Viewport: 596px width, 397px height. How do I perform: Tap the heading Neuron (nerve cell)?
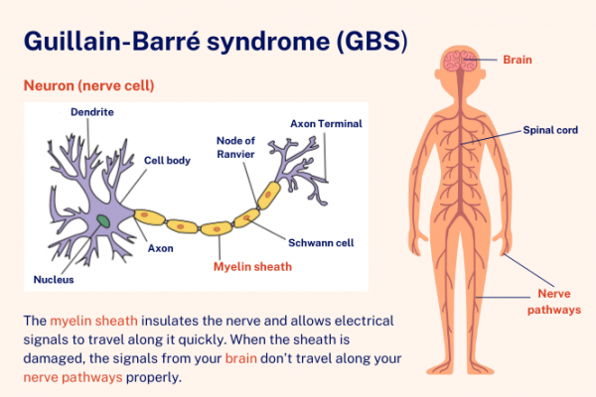[88, 86]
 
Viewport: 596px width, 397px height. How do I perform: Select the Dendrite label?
[91, 112]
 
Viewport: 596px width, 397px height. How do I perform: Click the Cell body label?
[167, 159]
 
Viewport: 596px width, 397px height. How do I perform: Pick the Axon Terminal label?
[326, 124]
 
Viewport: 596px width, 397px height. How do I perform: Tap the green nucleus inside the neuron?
[102, 220]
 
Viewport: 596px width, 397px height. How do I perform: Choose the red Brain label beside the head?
[517, 60]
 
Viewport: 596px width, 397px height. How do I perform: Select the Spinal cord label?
[550, 130]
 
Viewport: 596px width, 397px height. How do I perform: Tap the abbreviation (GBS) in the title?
[364, 43]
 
